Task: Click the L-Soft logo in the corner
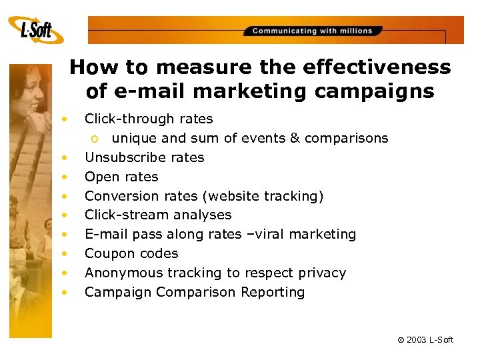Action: [x=36, y=29]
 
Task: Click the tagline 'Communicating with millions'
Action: [x=312, y=31]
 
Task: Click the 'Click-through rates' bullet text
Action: [x=149, y=119]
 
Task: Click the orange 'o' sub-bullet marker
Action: [x=96, y=139]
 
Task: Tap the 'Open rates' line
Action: [x=121, y=177]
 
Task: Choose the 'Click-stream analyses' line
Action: [x=158, y=215]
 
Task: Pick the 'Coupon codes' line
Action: [x=131, y=254]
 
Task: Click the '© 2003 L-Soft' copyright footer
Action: [x=425, y=340]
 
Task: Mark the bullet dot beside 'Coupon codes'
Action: [x=65, y=254]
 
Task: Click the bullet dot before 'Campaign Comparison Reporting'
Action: [x=65, y=292]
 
